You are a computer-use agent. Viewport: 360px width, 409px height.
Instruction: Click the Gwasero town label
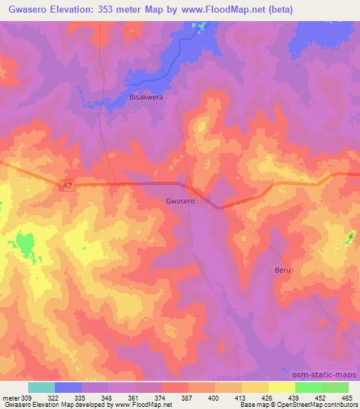tap(179, 200)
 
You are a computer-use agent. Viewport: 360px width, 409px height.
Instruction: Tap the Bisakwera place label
tap(146, 98)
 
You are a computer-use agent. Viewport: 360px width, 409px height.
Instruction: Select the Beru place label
tap(281, 269)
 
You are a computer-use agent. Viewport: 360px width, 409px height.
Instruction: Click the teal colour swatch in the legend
tap(41, 387)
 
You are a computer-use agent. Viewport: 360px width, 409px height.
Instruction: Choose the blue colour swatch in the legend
tap(68, 387)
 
